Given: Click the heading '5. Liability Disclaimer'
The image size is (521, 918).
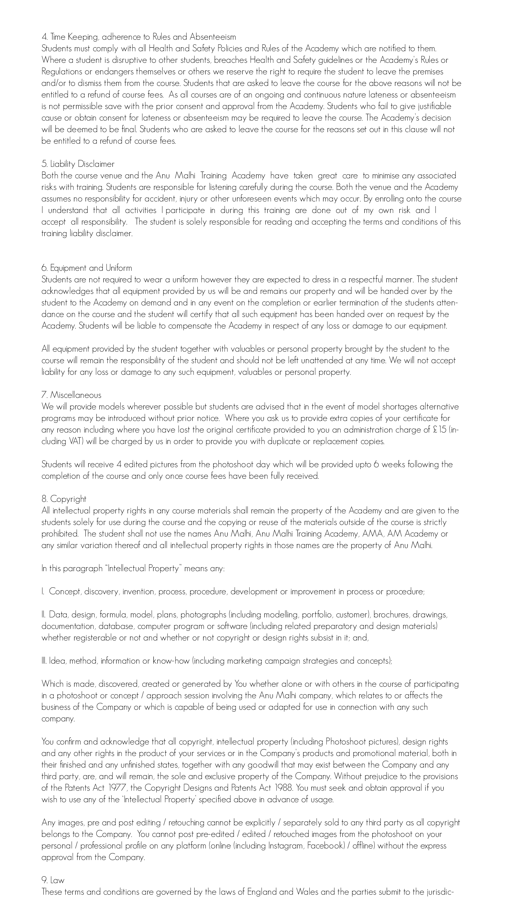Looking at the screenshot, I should coord(78,164).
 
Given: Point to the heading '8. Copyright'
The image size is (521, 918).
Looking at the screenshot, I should coord(64,499).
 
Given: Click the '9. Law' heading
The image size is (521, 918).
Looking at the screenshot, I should coord(53,880).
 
